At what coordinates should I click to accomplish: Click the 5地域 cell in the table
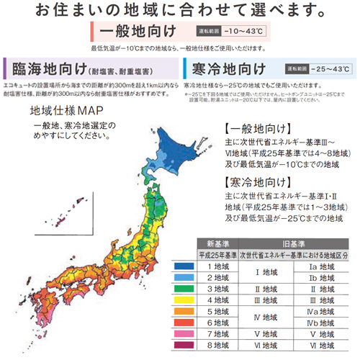[x=219, y=312]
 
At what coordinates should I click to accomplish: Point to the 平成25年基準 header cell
[x=217, y=255]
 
